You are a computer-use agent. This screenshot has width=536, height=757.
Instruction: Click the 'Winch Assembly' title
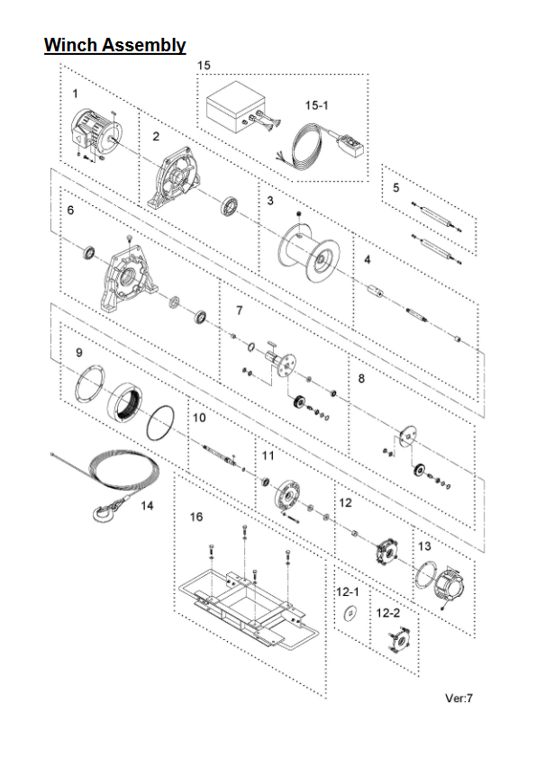[115, 45]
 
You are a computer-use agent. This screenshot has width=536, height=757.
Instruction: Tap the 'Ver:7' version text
[459, 698]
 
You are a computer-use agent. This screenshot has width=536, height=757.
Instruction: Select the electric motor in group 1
[95, 132]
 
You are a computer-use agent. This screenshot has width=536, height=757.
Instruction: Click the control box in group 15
[236, 107]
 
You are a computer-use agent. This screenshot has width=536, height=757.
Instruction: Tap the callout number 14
[147, 505]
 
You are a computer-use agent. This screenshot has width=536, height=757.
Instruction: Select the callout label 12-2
[388, 613]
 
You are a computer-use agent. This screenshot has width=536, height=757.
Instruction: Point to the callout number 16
[196, 517]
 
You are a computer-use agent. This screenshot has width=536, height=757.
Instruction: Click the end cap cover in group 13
[450, 588]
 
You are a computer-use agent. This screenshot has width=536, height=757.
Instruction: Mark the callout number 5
[395, 187]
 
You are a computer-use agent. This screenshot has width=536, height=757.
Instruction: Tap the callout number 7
[240, 310]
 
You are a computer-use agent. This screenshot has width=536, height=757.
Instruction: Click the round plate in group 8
[409, 437]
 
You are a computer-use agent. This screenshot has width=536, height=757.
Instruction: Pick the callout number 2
[156, 136]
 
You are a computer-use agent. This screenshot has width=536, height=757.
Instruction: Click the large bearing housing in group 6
[128, 277]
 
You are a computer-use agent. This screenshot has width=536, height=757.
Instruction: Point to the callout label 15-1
[316, 104]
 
